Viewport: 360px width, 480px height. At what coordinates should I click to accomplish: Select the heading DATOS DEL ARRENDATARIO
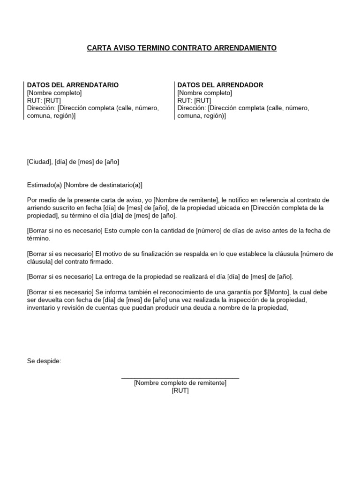pos(73,85)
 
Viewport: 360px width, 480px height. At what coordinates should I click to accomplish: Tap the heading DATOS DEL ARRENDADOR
pos(220,85)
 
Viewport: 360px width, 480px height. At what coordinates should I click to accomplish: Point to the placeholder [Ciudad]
pos(39,162)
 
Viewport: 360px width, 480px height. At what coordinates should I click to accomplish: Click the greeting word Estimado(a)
pos(44,185)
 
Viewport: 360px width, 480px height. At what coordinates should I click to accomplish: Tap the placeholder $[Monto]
pos(276,292)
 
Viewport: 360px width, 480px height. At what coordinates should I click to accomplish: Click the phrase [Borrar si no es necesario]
pos(65,231)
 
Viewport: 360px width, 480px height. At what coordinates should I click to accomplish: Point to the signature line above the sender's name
pos(180,377)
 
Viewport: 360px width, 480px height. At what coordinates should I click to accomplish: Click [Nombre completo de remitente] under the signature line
pos(180,383)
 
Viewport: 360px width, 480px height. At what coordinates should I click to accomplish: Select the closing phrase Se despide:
pos(44,361)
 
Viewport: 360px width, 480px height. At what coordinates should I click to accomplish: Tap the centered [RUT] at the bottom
pos(180,390)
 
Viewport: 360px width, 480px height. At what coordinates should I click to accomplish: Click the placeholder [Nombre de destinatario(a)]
pos(103,185)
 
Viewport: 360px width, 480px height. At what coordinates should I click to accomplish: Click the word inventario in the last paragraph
pos(42,308)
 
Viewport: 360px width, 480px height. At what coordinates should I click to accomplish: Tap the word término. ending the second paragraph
pos(38,238)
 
